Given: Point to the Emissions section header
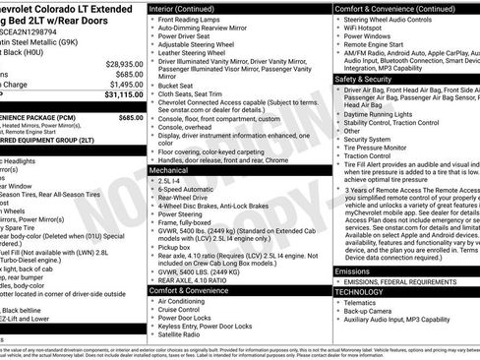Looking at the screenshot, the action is (352, 270).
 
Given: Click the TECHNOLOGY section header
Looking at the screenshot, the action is (359, 292).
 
